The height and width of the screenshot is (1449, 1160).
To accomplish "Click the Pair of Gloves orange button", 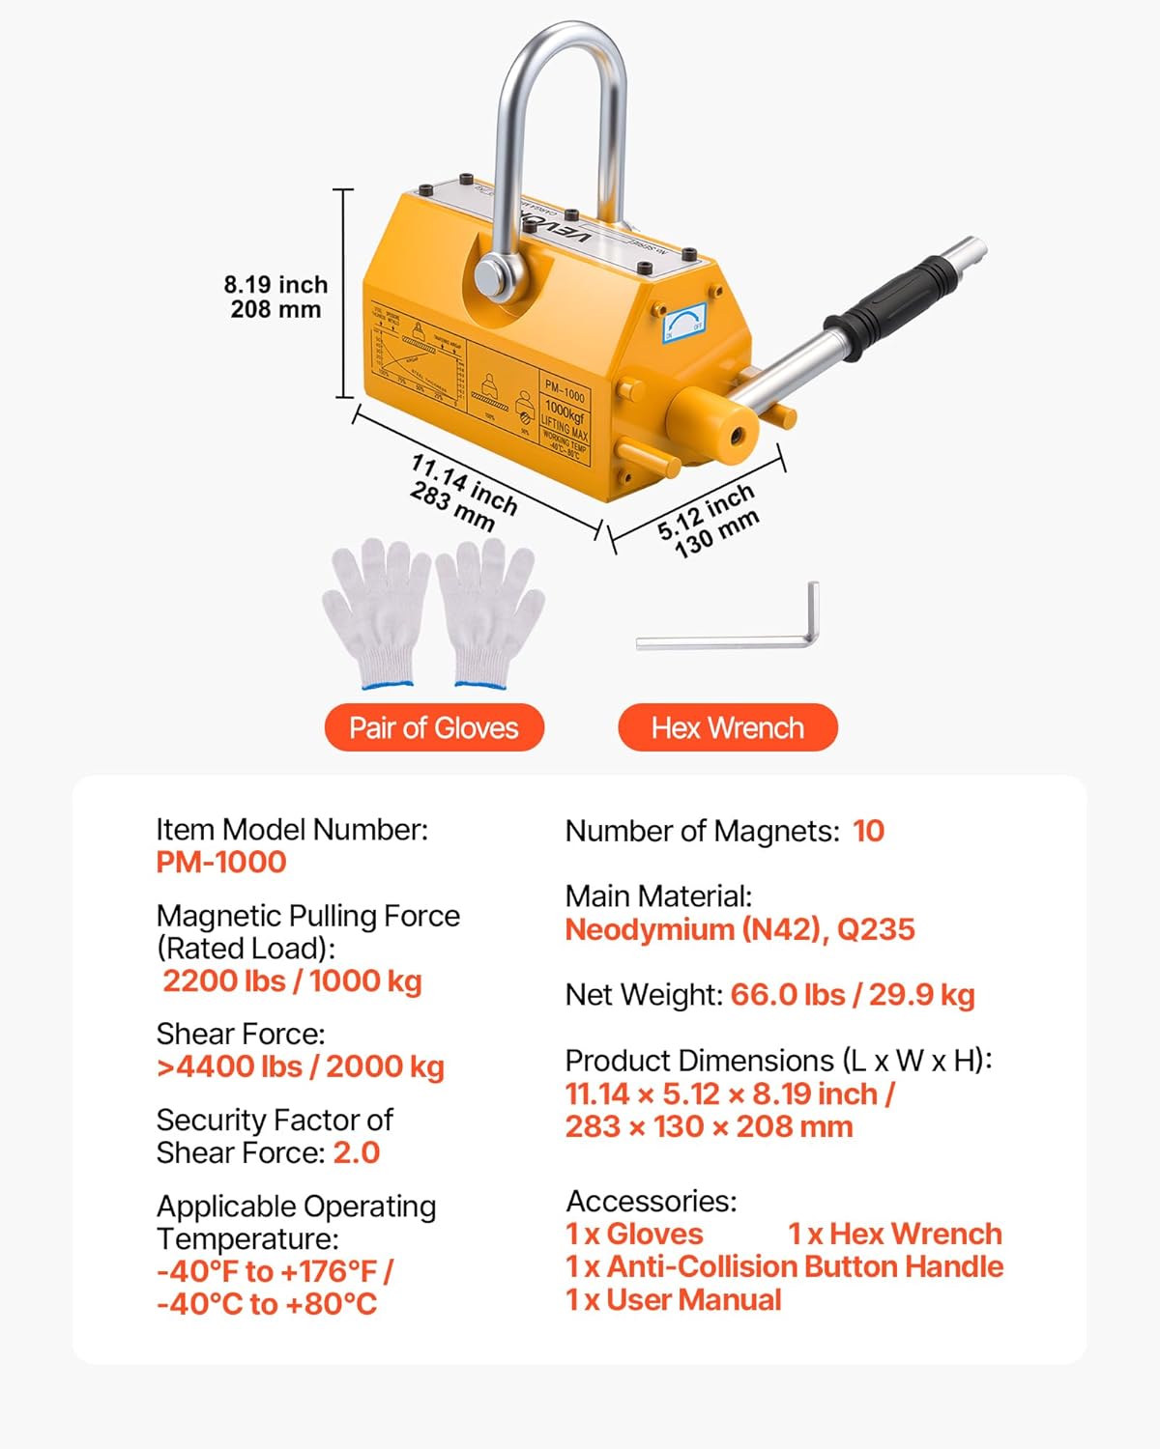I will (434, 727).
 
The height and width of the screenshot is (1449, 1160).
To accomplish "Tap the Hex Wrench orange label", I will (727, 727).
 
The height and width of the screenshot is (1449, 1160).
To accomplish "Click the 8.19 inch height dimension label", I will (275, 285).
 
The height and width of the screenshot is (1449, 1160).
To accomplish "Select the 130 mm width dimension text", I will (716, 535).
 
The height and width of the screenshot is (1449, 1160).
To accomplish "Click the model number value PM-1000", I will (221, 862).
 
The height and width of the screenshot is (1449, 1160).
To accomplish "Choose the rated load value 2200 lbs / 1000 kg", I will (292, 980).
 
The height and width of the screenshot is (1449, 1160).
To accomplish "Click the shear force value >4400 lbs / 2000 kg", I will (300, 1066).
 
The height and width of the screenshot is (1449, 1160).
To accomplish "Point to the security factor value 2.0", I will (357, 1152).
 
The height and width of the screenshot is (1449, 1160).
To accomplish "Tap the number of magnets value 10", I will (868, 831).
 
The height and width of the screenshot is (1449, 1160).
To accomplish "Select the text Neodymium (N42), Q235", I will (739, 929).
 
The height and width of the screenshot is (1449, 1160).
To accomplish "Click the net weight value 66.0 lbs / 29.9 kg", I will (852, 995).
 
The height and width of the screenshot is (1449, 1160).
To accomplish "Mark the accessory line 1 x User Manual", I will (673, 1299).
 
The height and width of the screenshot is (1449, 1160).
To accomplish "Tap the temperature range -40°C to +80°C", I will (266, 1304).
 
